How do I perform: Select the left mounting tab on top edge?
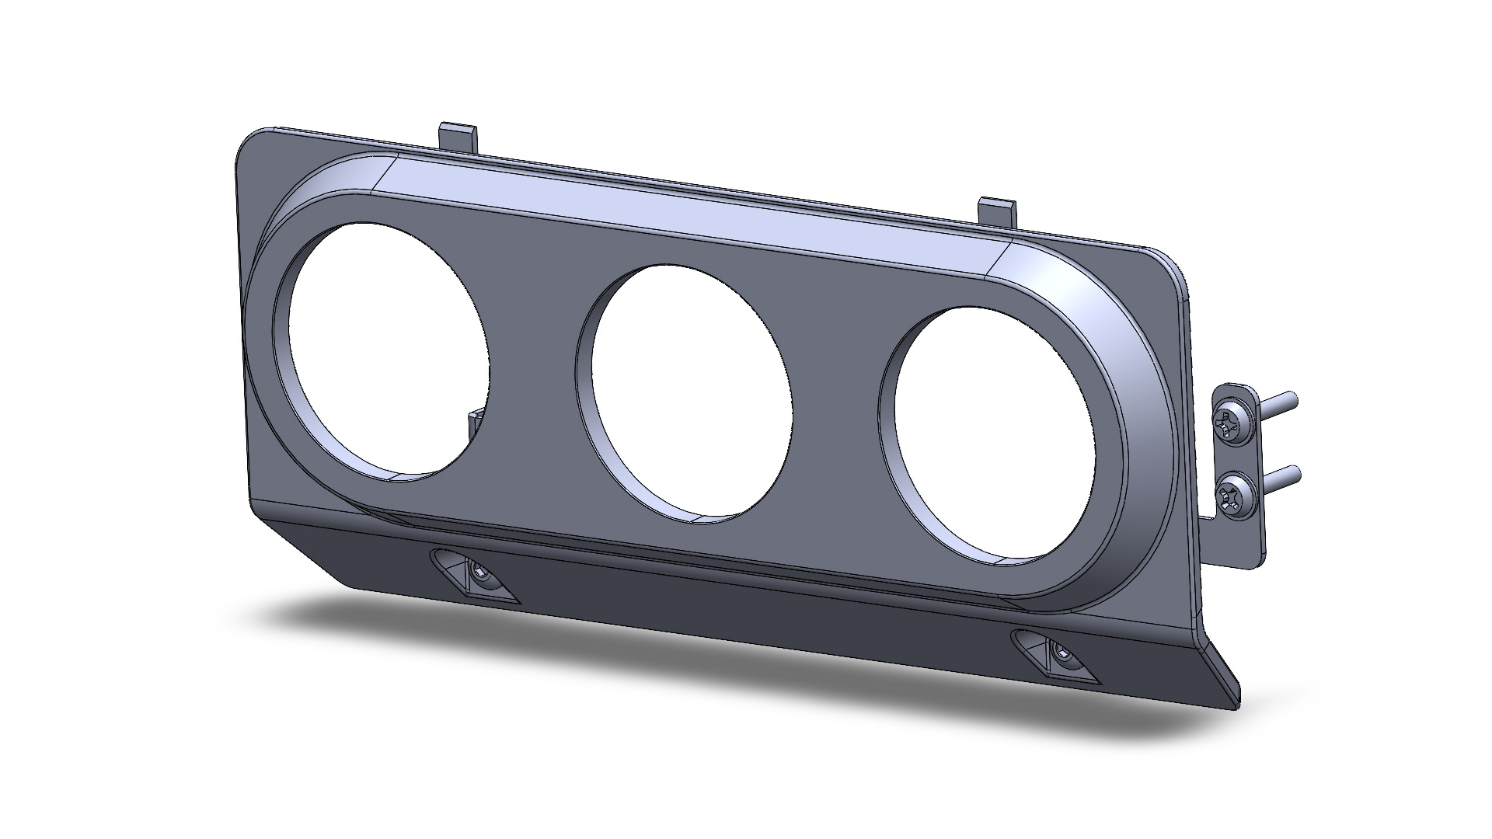tap(458, 136)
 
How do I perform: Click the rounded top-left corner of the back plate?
tap(253, 144)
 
